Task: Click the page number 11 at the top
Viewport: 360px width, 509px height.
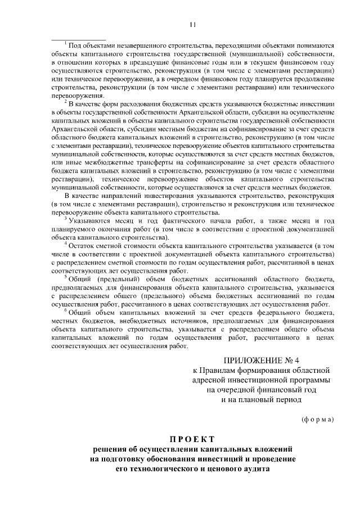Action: coord(193,24)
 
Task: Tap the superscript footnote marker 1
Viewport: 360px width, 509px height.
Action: coord(66,44)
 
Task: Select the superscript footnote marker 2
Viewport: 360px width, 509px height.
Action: coord(66,102)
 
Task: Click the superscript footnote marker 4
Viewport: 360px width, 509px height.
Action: coord(66,245)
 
